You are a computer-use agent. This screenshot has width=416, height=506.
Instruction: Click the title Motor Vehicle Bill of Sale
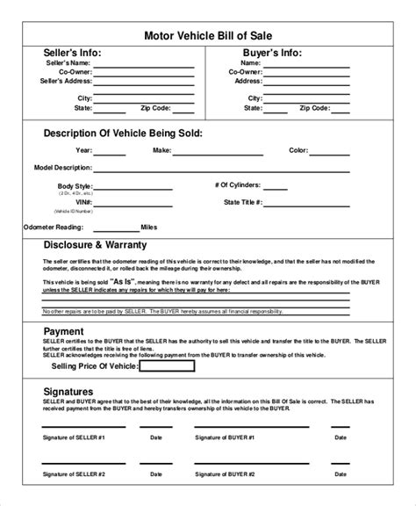click(x=208, y=35)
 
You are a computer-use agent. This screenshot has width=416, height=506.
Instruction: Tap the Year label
click(x=83, y=150)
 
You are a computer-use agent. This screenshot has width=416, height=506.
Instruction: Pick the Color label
click(x=298, y=150)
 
